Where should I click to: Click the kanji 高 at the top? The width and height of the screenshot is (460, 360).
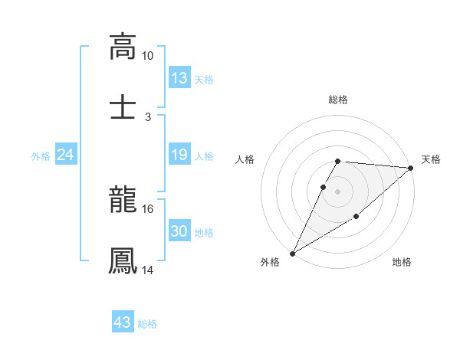coord(123,47)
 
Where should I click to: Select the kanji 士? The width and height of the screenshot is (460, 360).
coord(123,106)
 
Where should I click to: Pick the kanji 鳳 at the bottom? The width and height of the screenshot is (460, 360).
coord(123,260)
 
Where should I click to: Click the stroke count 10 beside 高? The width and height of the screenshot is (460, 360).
coord(147,57)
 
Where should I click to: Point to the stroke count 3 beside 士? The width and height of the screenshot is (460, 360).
coord(147,116)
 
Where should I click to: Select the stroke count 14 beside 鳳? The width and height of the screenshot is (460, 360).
coord(147,270)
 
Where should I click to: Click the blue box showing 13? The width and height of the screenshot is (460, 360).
coord(179,78)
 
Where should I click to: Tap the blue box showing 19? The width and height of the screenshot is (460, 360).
coord(179,155)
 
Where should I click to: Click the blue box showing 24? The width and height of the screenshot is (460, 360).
coord(66,155)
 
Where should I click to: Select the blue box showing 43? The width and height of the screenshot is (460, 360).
coord(123,322)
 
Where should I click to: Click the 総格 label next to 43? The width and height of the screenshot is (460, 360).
coord(148,324)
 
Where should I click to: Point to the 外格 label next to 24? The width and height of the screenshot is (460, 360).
coord(41,156)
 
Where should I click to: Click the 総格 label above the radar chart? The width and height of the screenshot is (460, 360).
coord(338,100)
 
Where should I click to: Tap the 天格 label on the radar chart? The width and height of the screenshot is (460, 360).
coord(431,159)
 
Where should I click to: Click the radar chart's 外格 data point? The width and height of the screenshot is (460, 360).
coord(292,254)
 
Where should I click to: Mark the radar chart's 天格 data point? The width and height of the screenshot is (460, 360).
coord(411,169)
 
